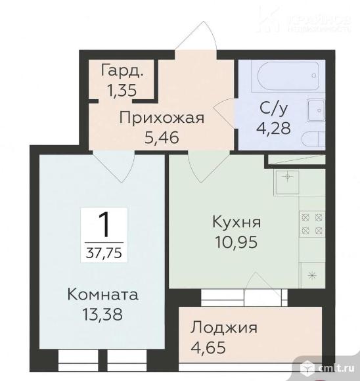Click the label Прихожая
[162, 118]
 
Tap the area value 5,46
[162, 139]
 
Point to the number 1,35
[122, 90]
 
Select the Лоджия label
[225, 327]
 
